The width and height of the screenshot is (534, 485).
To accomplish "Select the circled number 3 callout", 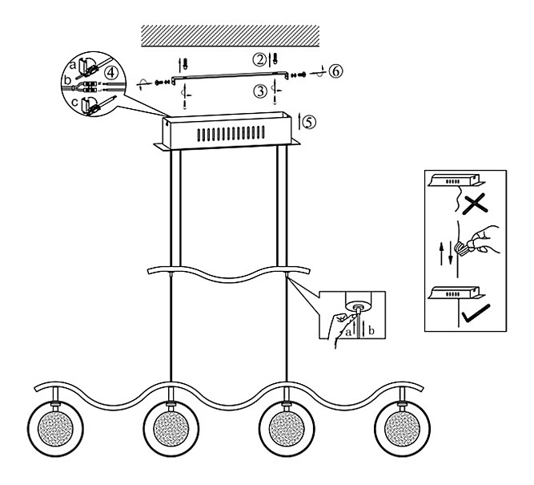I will [x=259, y=91].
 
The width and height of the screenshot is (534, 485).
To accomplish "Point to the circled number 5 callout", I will [x=310, y=122].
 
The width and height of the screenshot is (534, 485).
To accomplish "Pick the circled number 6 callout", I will [x=335, y=71].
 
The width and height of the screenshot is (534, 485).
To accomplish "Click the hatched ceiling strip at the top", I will [x=231, y=34].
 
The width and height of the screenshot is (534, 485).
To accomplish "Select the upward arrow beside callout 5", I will [x=299, y=122].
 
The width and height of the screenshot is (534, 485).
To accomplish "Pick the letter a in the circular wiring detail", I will [x=74, y=62].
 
